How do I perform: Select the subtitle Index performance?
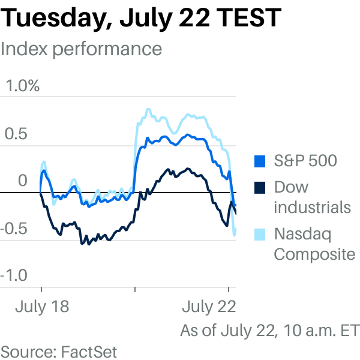tap(81, 49)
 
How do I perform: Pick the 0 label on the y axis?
tap(23, 181)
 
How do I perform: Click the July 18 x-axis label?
tap(42, 307)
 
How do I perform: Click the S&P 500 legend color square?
tap(260, 161)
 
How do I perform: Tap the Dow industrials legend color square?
tap(260, 187)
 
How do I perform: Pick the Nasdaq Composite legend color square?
tap(260, 233)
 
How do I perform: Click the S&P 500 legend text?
tap(305, 161)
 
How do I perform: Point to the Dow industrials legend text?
tap(312, 197)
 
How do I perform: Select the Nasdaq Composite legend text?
tap(314, 244)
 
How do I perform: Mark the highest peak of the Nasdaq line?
tap(148, 110)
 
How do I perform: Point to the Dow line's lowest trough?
tap(82, 244)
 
